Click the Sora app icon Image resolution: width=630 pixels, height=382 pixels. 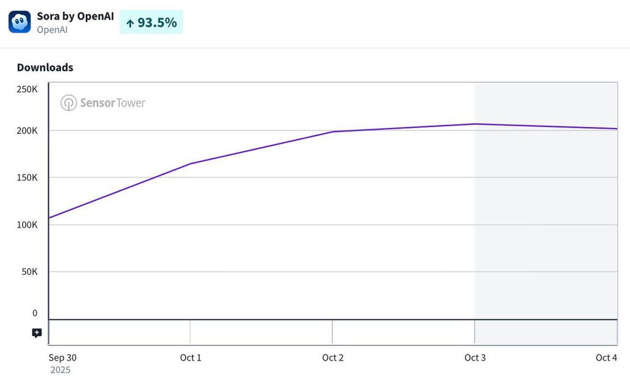20,22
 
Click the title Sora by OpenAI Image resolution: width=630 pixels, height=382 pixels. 75,16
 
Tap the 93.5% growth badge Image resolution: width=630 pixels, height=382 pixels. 151,22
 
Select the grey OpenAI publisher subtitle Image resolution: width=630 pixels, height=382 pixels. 52,29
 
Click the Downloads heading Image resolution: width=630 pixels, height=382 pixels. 45,68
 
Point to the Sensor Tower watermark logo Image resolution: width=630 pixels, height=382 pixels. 103,103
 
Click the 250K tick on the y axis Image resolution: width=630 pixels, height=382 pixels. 27,89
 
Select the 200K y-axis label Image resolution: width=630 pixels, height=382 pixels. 27,131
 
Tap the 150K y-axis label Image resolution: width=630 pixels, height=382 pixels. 27,178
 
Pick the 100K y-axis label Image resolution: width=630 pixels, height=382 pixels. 27,225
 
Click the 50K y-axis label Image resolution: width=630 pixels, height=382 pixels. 29,272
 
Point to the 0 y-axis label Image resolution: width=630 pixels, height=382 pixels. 35,313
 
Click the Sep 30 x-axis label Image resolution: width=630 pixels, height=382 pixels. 63,358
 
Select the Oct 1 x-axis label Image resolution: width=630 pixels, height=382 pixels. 191,358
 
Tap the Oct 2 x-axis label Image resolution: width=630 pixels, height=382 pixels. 332,358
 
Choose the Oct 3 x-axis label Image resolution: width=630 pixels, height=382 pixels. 475,358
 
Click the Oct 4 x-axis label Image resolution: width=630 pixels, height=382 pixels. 606,358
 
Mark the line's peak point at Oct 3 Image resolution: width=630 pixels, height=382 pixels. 475,124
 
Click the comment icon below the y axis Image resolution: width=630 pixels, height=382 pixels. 37,333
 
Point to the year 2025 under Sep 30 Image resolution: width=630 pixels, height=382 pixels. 61,370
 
